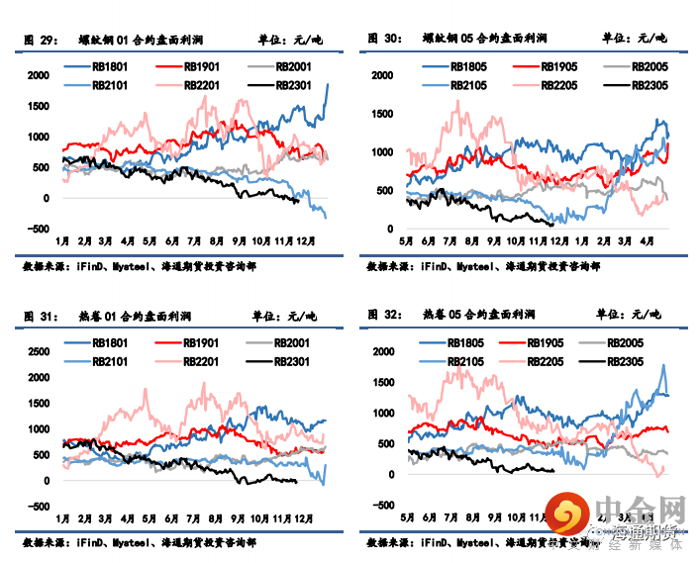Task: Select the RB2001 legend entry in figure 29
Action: pyautogui.click(x=294, y=65)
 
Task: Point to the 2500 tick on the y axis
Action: pyautogui.click(x=40, y=351)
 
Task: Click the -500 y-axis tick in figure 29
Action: pyautogui.click(x=40, y=230)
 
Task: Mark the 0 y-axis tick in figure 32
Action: pyautogui.click(x=391, y=474)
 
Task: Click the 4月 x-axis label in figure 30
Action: pyautogui.click(x=645, y=240)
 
